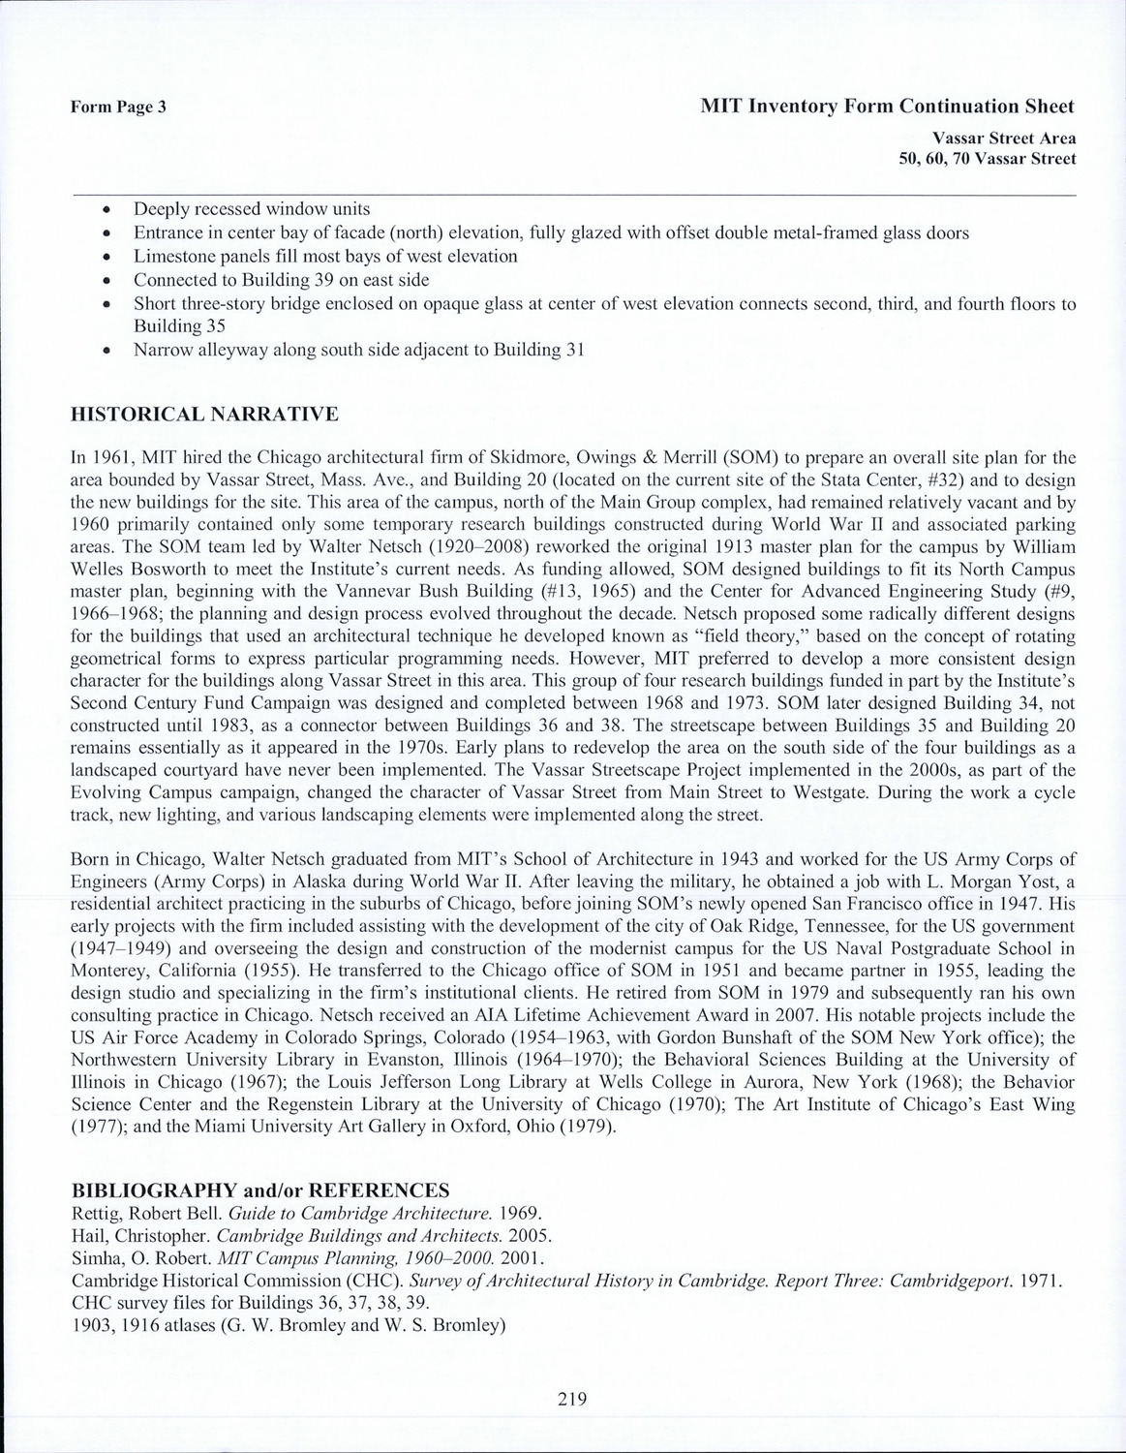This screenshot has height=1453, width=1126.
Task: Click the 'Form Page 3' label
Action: (119, 108)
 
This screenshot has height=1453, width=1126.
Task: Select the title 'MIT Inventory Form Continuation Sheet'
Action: (888, 107)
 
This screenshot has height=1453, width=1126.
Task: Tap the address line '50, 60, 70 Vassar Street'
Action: (988, 159)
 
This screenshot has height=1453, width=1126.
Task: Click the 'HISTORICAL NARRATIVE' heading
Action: (205, 415)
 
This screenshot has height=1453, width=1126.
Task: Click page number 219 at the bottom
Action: (573, 1397)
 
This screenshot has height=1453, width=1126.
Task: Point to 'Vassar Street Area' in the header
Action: (1005, 139)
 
